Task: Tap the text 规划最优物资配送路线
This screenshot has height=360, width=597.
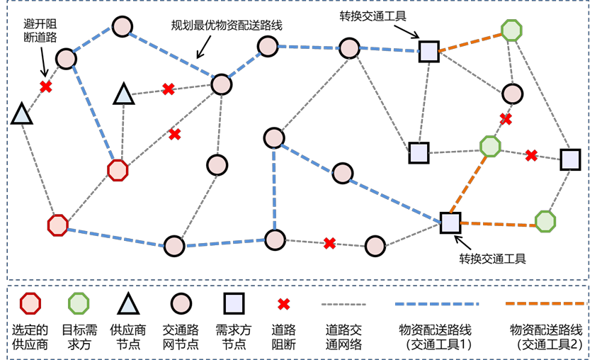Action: pyautogui.click(x=227, y=26)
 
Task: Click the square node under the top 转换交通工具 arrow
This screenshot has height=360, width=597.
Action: pyautogui.click(x=428, y=51)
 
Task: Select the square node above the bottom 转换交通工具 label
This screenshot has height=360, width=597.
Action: pyautogui.click(x=450, y=223)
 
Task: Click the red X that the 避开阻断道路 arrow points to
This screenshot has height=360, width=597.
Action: pyautogui.click(x=46, y=86)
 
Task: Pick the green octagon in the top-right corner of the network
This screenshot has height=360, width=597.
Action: pyautogui.click(x=511, y=30)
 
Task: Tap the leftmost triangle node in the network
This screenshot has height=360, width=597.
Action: pyautogui.click(x=22, y=113)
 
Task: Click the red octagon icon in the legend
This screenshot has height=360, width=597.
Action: pyautogui.click(x=30, y=304)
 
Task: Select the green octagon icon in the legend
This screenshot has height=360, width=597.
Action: pyautogui.click(x=78, y=304)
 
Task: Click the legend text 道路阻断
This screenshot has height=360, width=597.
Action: pyautogui.click(x=283, y=337)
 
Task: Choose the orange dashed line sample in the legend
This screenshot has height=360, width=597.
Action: pyautogui.click(x=545, y=304)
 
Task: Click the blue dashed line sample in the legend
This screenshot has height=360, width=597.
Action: pyautogui.click(x=436, y=304)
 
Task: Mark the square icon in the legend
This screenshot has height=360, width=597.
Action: pyautogui.click(x=234, y=304)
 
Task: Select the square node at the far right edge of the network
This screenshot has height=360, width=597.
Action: pyautogui.click(x=570, y=159)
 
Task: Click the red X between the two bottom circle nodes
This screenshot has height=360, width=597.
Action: pyautogui.click(x=329, y=243)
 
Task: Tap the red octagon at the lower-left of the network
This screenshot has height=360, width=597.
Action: pyautogui.click(x=57, y=225)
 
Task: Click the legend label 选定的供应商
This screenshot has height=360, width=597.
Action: pyautogui.click(x=30, y=337)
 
